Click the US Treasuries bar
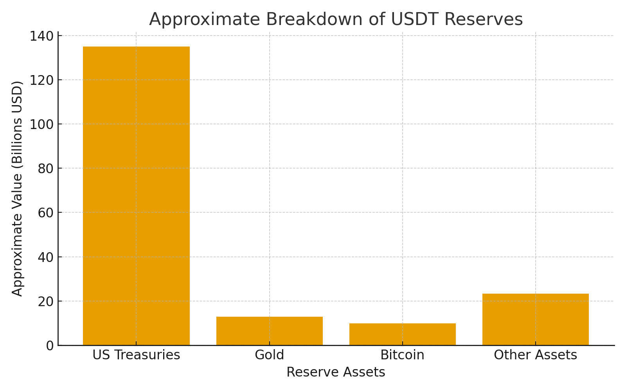coord(136,195)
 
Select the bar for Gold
coord(269,331)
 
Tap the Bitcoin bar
coord(402,334)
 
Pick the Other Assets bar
coord(535,319)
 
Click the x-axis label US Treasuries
coord(136,355)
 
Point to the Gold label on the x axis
coord(269,355)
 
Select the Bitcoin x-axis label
coord(402,355)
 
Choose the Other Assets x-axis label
coord(535,355)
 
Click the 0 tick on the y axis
coord(50,346)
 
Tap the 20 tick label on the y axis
coord(45,301)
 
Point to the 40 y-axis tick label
coord(45,257)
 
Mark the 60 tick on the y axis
coord(45,213)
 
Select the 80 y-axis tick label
coord(45,169)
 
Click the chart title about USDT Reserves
coord(336,19)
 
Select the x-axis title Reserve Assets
coord(336,372)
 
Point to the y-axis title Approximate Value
coord(18,188)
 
